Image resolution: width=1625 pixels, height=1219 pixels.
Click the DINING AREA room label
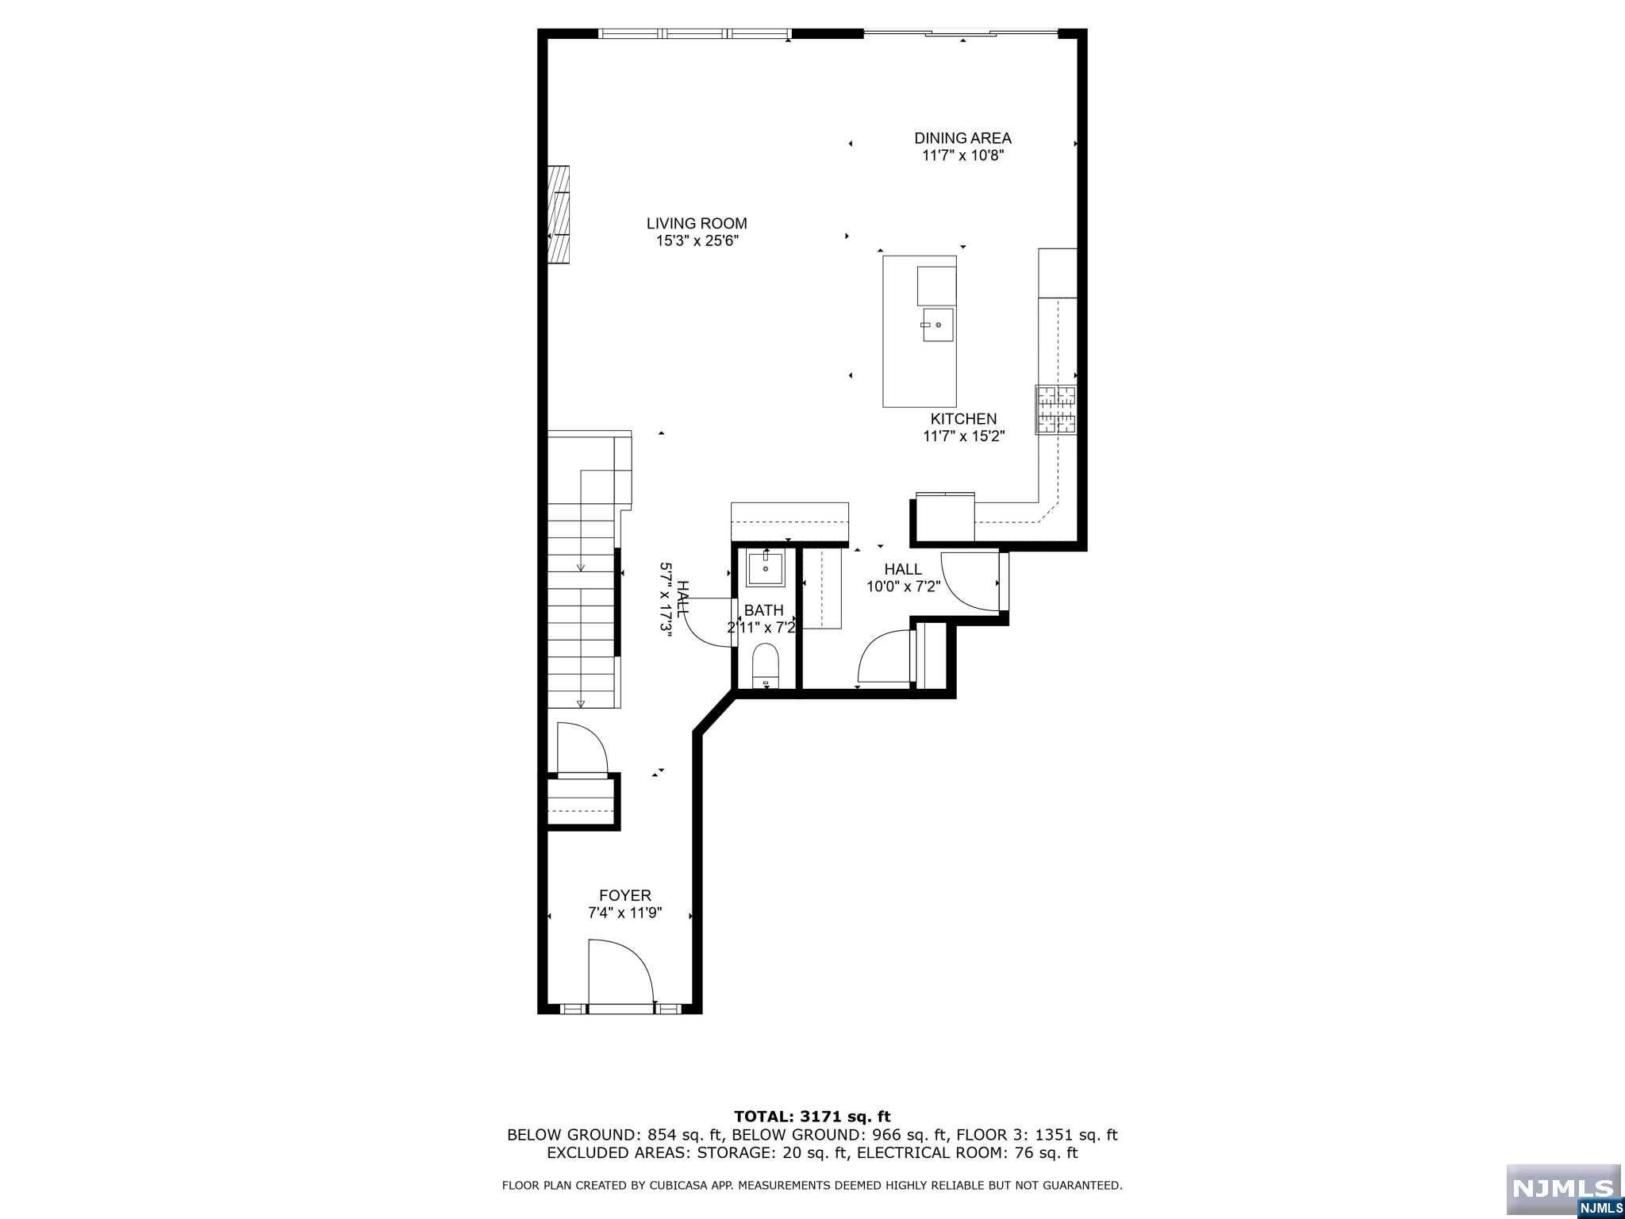tap(962, 138)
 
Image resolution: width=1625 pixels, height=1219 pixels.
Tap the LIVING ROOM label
tap(697, 224)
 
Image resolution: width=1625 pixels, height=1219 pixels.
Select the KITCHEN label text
tap(963, 419)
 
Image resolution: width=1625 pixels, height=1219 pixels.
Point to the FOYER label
tap(625, 896)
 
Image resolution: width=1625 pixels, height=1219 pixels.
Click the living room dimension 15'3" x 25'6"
tap(697, 241)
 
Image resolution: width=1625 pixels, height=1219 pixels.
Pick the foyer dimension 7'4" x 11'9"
tap(625, 913)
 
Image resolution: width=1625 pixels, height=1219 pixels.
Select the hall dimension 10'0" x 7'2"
tap(903, 587)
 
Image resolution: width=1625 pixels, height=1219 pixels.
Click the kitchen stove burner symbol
tap(1055, 410)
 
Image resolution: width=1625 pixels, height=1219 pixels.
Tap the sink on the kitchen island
tap(937, 325)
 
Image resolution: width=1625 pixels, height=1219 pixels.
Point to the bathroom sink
tap(766, 568)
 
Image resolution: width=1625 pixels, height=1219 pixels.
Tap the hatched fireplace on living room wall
tap(559, 225)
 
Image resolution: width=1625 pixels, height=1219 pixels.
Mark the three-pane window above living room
tap(694, 33)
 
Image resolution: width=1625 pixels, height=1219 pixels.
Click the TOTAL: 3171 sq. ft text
tap(812, 1117)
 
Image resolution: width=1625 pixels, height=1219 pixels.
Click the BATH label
tap(763, 610)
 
